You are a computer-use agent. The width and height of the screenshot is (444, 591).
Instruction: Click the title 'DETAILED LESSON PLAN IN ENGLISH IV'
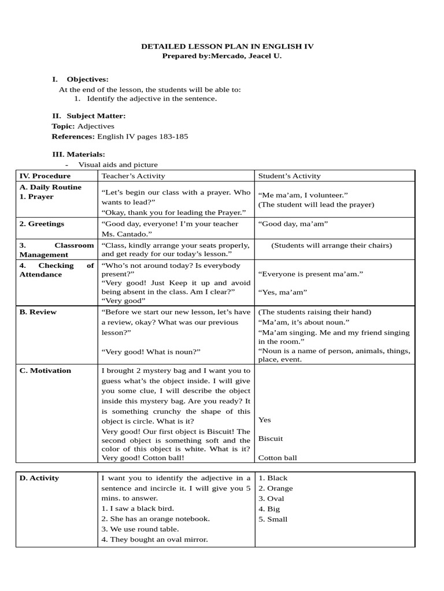(x=227, y=46)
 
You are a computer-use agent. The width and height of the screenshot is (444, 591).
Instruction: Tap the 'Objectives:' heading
(x=87, y=79)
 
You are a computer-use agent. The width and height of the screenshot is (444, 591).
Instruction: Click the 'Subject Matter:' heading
(x=95, y=116)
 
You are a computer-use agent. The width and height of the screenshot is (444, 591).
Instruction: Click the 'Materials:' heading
(x=86, y=154)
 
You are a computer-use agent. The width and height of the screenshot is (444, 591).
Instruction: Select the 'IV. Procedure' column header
(x=45, y=176)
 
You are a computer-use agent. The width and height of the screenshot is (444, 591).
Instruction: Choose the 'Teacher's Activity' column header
(x=133, y=176)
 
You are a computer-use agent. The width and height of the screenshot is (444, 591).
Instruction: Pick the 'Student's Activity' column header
(x=289, y=176)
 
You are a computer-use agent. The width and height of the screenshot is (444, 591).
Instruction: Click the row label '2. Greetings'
(x=42, y=223)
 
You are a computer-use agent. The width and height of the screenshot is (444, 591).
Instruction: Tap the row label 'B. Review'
(x=38, y=312)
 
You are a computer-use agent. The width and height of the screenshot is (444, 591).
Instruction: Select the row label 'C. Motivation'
(x=45, y=371)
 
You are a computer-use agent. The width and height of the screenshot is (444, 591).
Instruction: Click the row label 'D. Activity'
(x=39, y=478)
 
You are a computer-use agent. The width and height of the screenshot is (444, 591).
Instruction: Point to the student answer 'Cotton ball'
(x=277, y=458)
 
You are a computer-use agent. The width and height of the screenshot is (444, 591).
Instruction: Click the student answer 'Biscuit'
(x=271, y=439)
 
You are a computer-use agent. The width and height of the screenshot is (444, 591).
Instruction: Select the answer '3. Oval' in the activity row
(x=271, y=499)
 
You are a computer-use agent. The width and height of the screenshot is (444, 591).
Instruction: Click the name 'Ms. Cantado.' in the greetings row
(x=124, y=234)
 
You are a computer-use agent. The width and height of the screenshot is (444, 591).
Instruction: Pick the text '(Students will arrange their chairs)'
(x=332, y=245)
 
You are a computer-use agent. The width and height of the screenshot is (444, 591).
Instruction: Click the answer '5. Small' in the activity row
(x=273, y=519)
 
